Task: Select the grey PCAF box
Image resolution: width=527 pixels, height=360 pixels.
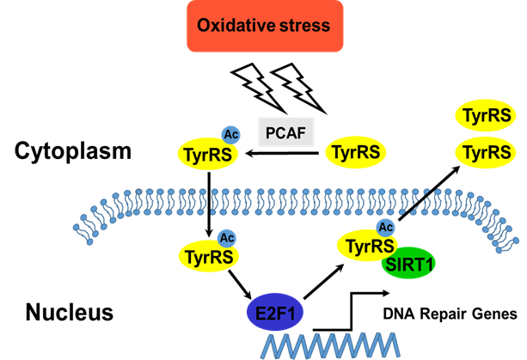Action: [285, 131]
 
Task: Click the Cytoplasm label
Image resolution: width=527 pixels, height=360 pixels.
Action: [74, 152]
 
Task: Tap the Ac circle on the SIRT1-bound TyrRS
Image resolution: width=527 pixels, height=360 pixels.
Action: [386, 227]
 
